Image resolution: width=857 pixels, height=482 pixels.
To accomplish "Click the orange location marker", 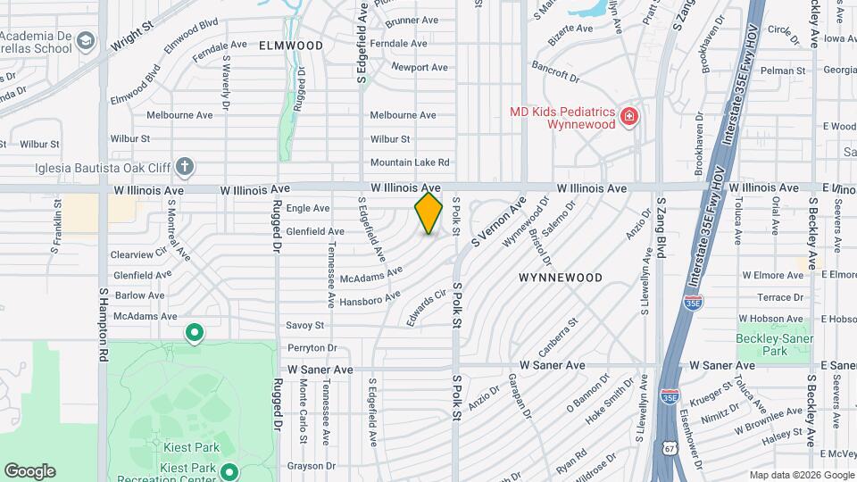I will tap(428, 213).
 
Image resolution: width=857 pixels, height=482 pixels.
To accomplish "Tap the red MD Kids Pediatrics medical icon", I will tap(629, 116).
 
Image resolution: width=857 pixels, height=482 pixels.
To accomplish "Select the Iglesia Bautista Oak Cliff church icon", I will tap(185, 165).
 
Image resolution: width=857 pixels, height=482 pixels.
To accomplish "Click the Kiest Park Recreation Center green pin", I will tap(229, 471).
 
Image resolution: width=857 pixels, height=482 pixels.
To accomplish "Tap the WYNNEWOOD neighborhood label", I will tap(560, 278).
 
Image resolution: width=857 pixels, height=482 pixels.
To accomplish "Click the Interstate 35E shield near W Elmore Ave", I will tap(693, 303).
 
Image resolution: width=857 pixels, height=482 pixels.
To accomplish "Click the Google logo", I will tap(29, 470).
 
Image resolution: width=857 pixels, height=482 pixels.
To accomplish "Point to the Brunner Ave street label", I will tap(412, 20).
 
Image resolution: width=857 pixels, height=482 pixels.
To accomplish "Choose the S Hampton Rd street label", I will tap(104, 323).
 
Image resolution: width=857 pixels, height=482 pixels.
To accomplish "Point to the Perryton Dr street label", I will tap(312, 347).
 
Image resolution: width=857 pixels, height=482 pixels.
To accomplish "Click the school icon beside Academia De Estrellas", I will tap(86, 40).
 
